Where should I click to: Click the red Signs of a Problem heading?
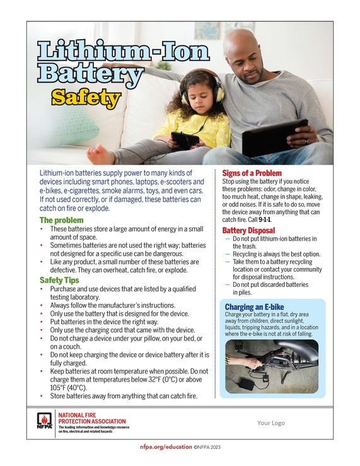[x=252, y=173]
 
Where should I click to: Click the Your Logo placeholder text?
[x=272, y=423]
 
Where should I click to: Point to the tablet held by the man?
[x=274, y=137]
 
